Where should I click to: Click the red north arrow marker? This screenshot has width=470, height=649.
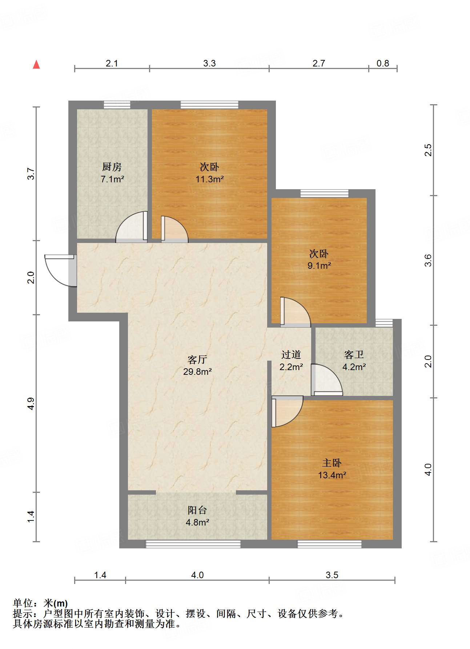point(36,65)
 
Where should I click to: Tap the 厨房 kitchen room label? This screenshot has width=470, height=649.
point(112,167)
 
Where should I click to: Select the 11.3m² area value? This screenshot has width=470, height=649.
point(209,179)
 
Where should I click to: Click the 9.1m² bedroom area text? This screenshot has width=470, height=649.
point(319,265)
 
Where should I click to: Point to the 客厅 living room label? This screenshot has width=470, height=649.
point(197,360)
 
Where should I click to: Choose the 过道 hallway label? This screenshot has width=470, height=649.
point(291,354)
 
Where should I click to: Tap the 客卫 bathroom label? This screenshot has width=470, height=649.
point(354,354)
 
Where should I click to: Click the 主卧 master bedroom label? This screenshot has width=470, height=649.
point(332,463)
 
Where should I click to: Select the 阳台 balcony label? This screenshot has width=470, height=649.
point(197,510)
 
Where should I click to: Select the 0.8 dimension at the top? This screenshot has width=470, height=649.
point(383,63)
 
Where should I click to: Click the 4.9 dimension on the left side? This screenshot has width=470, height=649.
point(31,403)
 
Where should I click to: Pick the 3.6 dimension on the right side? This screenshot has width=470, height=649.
point(428,260)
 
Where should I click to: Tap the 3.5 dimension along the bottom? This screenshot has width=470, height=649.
point(332,575)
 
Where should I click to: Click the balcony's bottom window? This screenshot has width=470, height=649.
point(193,544)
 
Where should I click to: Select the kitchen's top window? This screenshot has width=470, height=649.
point(117,105)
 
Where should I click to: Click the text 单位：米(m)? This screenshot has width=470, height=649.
point(40,603)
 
